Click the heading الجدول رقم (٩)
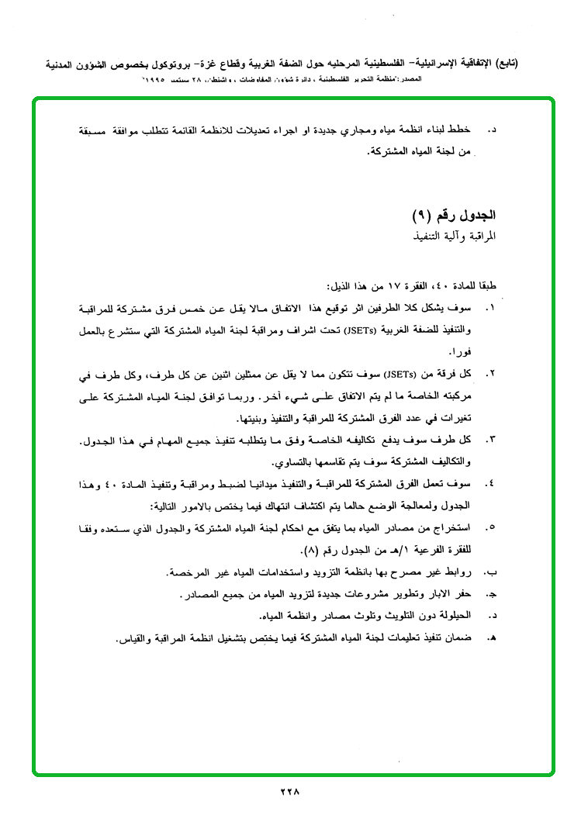tap(454, 214)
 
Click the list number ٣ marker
tap(489, 441)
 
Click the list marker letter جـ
tap(489, 595)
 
